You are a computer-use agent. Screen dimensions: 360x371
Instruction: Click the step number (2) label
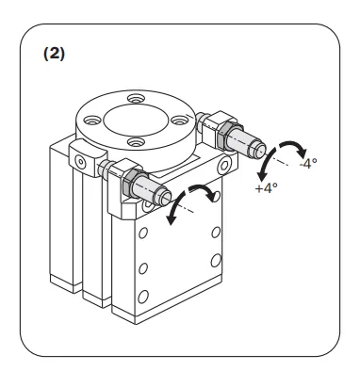tap(54, 54)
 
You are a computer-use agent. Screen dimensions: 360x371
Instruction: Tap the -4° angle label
tap(308, 163)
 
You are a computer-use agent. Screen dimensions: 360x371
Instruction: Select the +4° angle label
tap(267, 188)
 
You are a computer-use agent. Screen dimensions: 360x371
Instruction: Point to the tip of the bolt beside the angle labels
tap(259, 150)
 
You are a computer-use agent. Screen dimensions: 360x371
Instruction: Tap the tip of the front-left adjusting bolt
tap(165, 196)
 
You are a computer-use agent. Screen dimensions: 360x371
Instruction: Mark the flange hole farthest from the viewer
tap(136, 99)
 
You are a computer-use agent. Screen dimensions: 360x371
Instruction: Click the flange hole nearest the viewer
tap(136, 142)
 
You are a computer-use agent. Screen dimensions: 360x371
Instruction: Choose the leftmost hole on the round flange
tap(92, 120)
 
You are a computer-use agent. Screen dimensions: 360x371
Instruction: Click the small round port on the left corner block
tap(81, 162)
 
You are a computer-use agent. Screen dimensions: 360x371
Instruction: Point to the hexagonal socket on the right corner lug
tap(224, 166)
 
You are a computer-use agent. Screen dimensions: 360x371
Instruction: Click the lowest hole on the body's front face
tap(143, 296)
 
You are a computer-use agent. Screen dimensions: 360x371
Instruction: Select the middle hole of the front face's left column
tap(143, 268)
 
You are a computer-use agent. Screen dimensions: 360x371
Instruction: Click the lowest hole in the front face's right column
tap(216, 260)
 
